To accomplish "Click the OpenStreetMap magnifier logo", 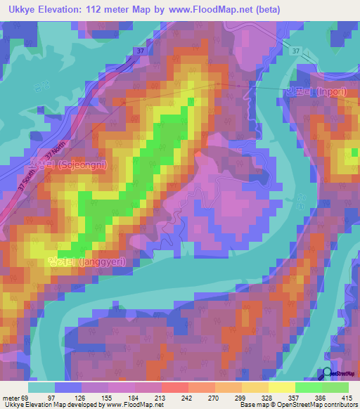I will point(328,373).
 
